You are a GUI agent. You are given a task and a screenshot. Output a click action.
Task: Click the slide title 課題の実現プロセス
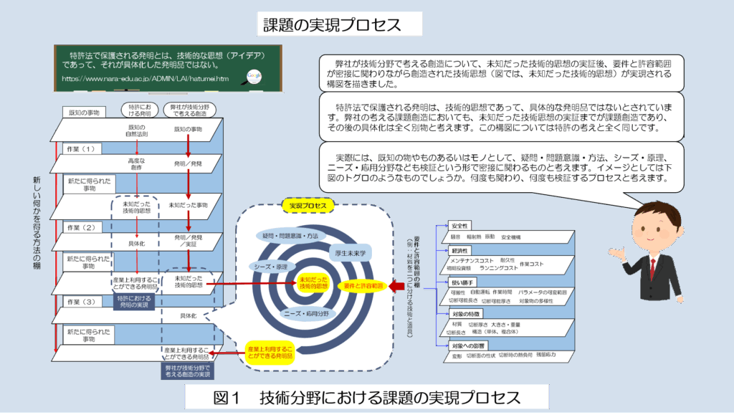click(x=339, y=24)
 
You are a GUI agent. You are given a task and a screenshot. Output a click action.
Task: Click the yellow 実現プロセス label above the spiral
click(x=308, y=206)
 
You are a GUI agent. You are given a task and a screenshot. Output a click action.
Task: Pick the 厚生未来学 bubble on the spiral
click(x=351, y=252)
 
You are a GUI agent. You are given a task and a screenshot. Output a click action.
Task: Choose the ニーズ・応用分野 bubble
click(x=306, y=314)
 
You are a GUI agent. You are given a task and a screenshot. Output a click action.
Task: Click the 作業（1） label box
click(x=81, y=149)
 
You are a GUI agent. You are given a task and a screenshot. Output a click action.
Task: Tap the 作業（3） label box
click(x=81, y=302)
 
